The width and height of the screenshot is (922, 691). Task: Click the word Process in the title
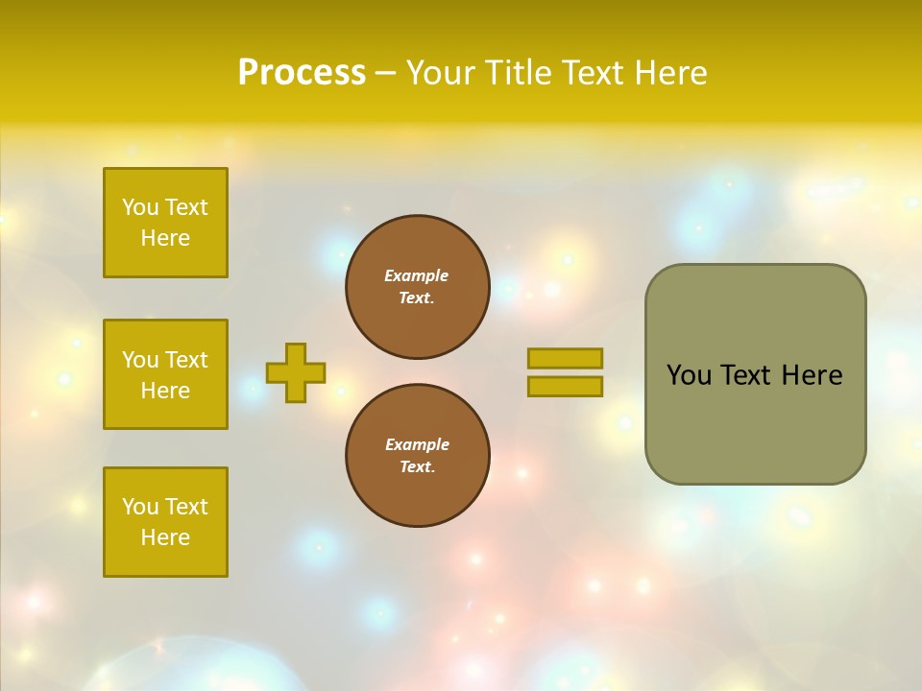point(302,73)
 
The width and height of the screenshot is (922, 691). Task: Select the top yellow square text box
point(165,223)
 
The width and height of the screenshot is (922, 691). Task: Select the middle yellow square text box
point(165,374)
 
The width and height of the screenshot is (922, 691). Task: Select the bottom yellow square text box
point(165,522)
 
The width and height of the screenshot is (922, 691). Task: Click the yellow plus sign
point(296,372)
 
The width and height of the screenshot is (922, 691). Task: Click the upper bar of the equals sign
point(565,358)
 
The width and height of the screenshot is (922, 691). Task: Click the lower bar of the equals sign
point(565,387)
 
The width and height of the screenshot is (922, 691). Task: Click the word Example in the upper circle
point(417,275)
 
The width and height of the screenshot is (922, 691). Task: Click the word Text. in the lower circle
point(417,467)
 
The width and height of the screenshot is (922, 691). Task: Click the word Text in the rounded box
point(746,375)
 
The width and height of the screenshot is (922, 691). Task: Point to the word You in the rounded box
point(689,375)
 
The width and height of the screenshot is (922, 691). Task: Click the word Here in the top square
point(165,238)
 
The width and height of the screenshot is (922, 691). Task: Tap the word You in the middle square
point(140,360)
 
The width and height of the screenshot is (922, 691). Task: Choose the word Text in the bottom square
point(186,507)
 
